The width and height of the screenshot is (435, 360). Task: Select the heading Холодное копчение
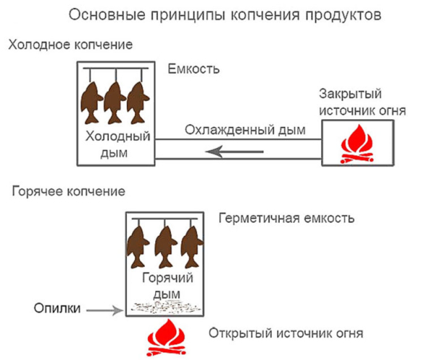[70, 45]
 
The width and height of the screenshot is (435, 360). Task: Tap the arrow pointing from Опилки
[105, 310]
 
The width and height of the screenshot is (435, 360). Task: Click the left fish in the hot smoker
[140, 246]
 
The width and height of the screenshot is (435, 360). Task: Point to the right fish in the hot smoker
[189, 246]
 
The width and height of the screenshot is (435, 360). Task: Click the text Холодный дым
[118, 144]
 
